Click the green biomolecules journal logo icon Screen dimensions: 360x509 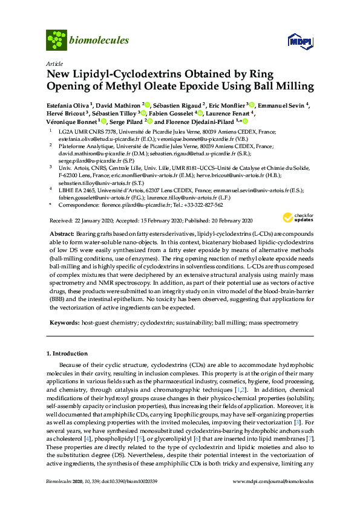56,40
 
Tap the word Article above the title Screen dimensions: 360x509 54,63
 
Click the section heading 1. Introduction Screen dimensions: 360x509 70,352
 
